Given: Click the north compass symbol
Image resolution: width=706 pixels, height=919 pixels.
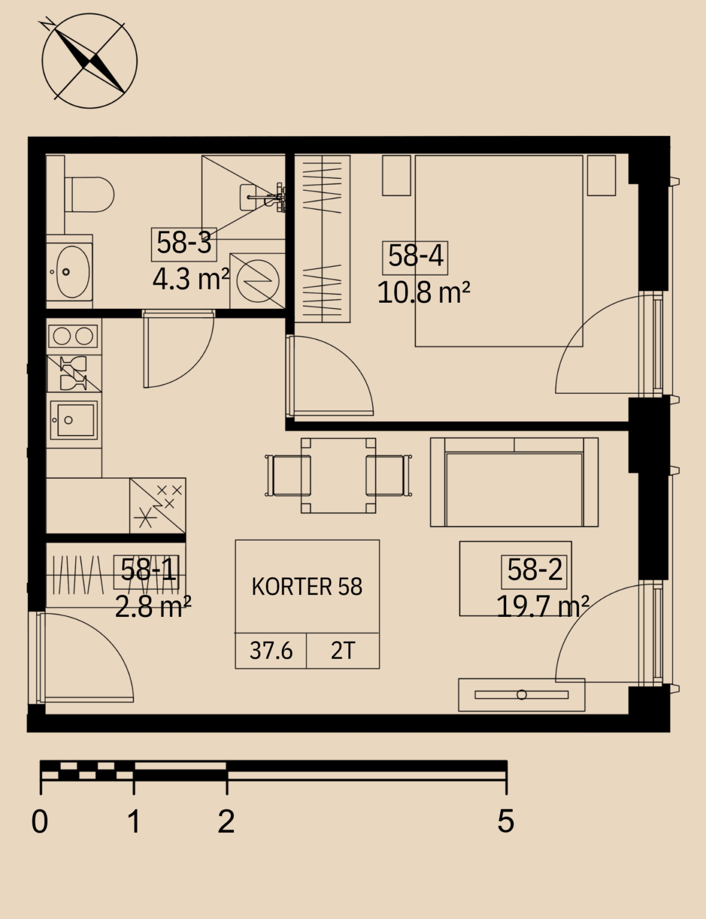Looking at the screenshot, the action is click(x=89, y=61).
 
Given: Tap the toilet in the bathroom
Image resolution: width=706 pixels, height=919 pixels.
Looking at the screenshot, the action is click(x=89, y=194).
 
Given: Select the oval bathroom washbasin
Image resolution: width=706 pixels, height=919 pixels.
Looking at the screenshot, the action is click(x=73, y=272).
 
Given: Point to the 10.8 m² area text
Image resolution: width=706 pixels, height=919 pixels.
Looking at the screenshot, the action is click(x=424, y=293).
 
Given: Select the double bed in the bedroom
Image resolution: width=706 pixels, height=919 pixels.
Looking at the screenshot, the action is click(x=499, y=251).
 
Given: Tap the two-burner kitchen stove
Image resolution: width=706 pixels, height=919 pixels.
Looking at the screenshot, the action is click(x=74, y=337).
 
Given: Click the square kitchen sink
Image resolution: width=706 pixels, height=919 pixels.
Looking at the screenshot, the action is click(x=74, y=419).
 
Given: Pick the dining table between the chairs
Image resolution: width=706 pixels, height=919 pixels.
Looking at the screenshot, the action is click(x=338, y=476).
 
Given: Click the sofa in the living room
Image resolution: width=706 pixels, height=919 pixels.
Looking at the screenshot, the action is click(x=514, y=482).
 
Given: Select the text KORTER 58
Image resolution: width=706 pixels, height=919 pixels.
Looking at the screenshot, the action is click(x=307, y=586).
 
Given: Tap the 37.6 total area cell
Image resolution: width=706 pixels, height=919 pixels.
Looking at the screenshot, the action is click(x=271, y=650).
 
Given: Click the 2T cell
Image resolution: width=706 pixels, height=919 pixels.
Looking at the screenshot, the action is click(x=343, y=650).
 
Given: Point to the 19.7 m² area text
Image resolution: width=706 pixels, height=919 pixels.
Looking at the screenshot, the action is click(x=543, y=607).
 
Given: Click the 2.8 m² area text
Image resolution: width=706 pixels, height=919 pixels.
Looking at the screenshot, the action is click(x=153, y=607).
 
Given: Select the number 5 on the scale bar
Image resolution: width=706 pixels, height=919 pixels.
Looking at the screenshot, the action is click(x=506, y=821).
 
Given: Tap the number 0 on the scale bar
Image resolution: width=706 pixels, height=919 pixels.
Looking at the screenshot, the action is click(x=39, y=821).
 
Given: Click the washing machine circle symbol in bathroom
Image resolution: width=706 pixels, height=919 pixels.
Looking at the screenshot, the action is click(x=257, y=281).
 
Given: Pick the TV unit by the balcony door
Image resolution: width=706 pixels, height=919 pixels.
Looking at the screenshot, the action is click(x=522, y=695).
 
